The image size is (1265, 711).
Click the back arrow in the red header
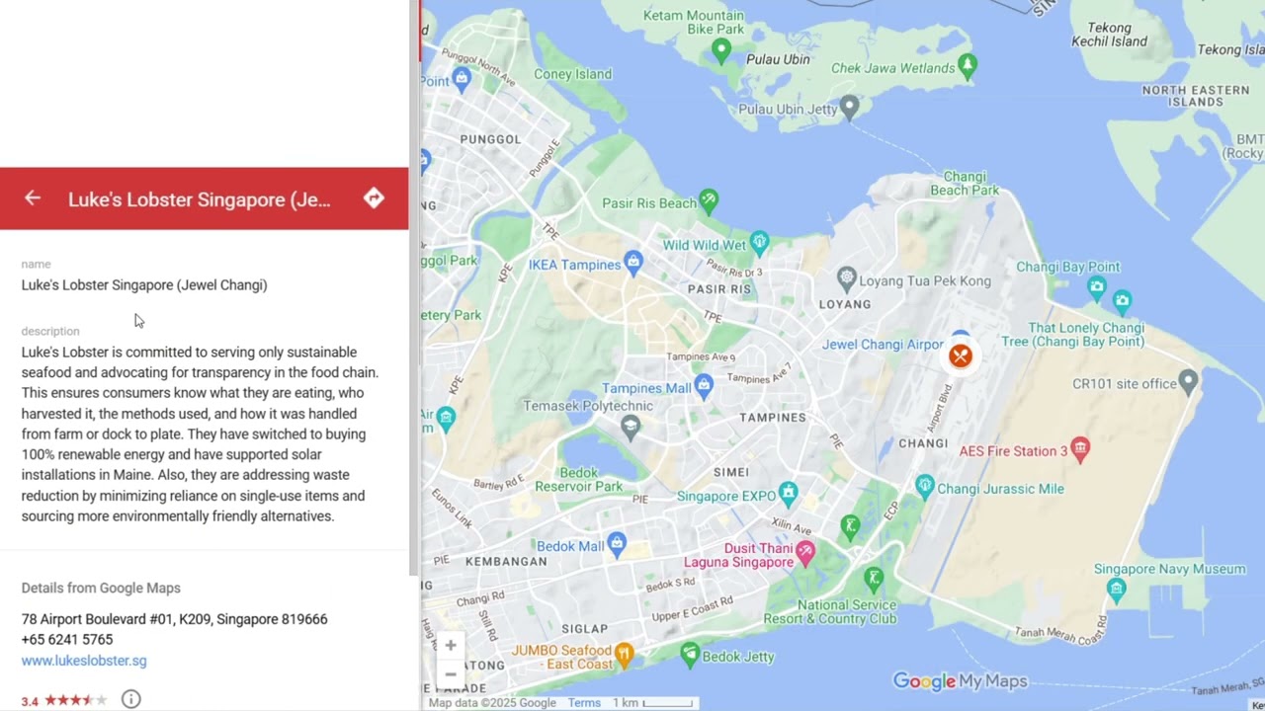(33, 198)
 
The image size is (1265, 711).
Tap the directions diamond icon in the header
(374, 198)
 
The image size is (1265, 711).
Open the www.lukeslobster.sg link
(84, 661)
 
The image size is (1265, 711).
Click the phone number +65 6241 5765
(67, 640)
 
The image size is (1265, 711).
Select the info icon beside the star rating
(130, 699)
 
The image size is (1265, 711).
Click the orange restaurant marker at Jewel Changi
(960, 355)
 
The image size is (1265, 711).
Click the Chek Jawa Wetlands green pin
(968, 65)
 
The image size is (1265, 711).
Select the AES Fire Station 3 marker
(1080, 449)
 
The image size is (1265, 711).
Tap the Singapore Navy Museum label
(1169, 569)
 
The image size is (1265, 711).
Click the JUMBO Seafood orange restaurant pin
(624, 653)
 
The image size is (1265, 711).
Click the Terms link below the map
(584, 703)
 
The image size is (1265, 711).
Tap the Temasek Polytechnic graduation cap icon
(631, 426)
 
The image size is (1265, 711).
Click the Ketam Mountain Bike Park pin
(721, 49)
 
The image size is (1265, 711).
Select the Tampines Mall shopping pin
(704, 384)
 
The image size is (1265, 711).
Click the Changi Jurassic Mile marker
(925, 485)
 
